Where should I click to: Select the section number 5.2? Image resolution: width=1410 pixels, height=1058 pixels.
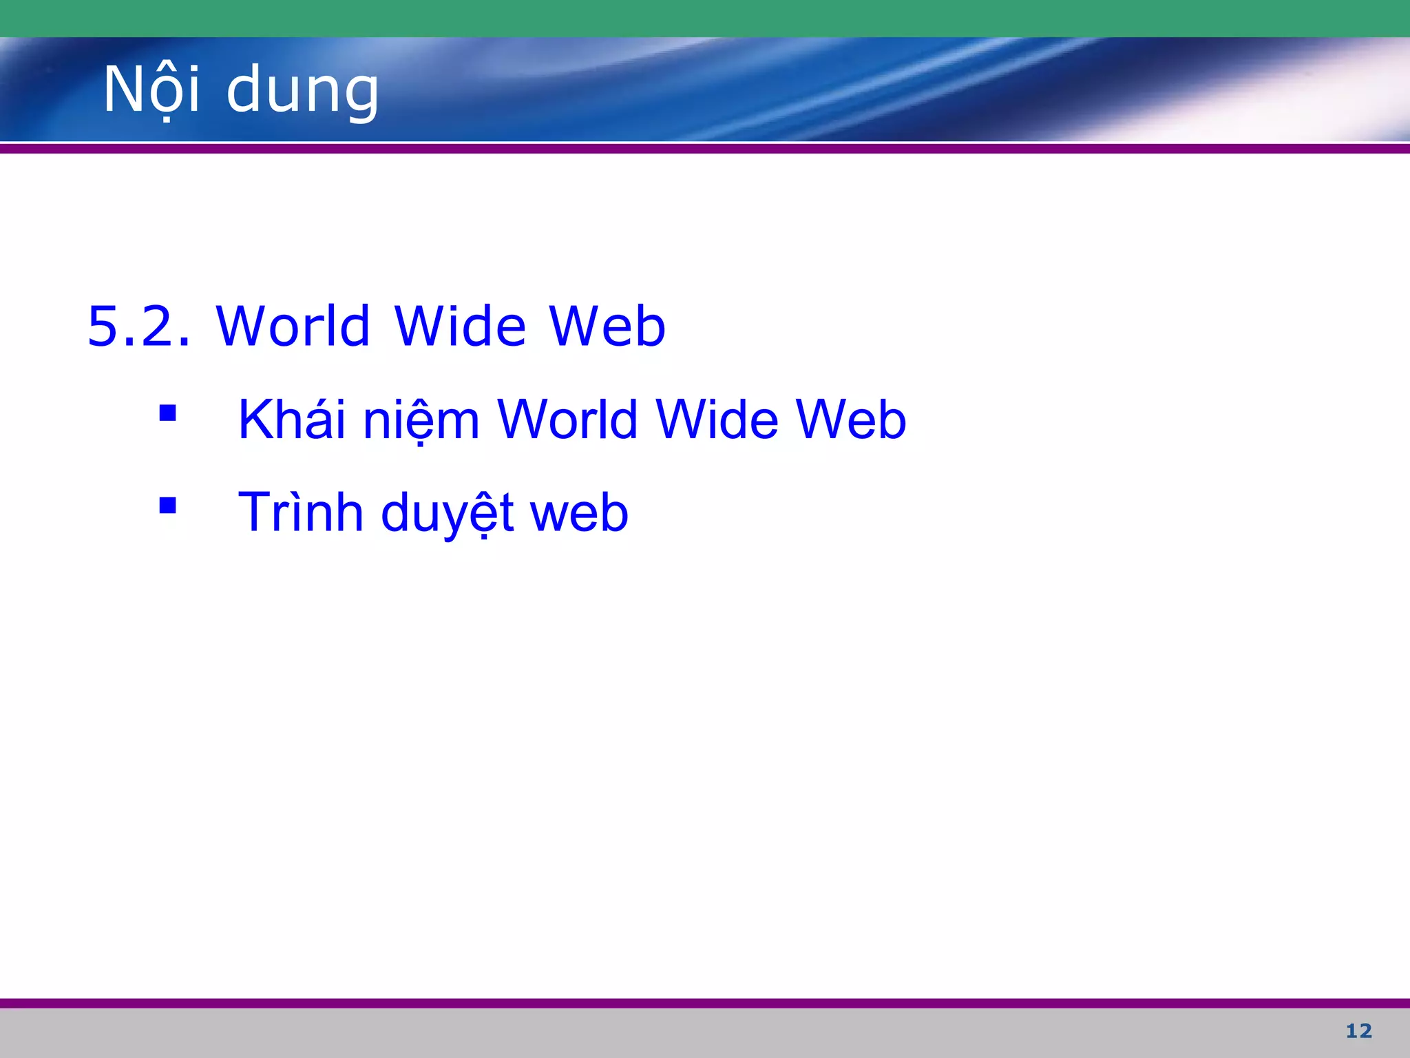138,326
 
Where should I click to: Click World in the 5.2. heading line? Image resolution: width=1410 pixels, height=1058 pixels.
293,326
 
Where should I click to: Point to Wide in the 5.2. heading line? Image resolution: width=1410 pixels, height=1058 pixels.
461,326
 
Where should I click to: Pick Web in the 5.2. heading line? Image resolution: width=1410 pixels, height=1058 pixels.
607,326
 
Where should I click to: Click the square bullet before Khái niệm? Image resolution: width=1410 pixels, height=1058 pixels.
167,413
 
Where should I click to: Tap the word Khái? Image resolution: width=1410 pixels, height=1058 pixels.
291,419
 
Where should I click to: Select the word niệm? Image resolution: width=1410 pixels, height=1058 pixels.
421,421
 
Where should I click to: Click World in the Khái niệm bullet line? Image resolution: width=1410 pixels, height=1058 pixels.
568,419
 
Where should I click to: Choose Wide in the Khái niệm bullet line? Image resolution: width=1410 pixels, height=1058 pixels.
717,419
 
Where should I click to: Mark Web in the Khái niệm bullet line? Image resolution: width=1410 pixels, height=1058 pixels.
851,419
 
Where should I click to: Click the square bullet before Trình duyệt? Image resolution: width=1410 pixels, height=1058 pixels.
167,506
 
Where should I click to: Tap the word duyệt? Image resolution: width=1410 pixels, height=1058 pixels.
447,514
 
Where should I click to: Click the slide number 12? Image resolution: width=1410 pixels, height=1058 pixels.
1358,1031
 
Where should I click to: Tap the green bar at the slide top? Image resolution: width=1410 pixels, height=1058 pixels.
705,18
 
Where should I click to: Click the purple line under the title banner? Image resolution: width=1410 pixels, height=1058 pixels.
705,148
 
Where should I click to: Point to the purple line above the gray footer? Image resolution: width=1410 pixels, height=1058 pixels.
705,1003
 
